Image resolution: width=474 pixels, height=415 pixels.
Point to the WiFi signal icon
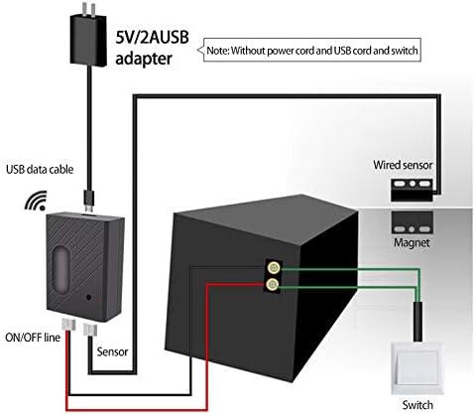coord(36,201)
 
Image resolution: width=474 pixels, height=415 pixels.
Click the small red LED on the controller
coord(90,296)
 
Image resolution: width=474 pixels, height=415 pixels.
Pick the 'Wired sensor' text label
coord(404,164)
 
